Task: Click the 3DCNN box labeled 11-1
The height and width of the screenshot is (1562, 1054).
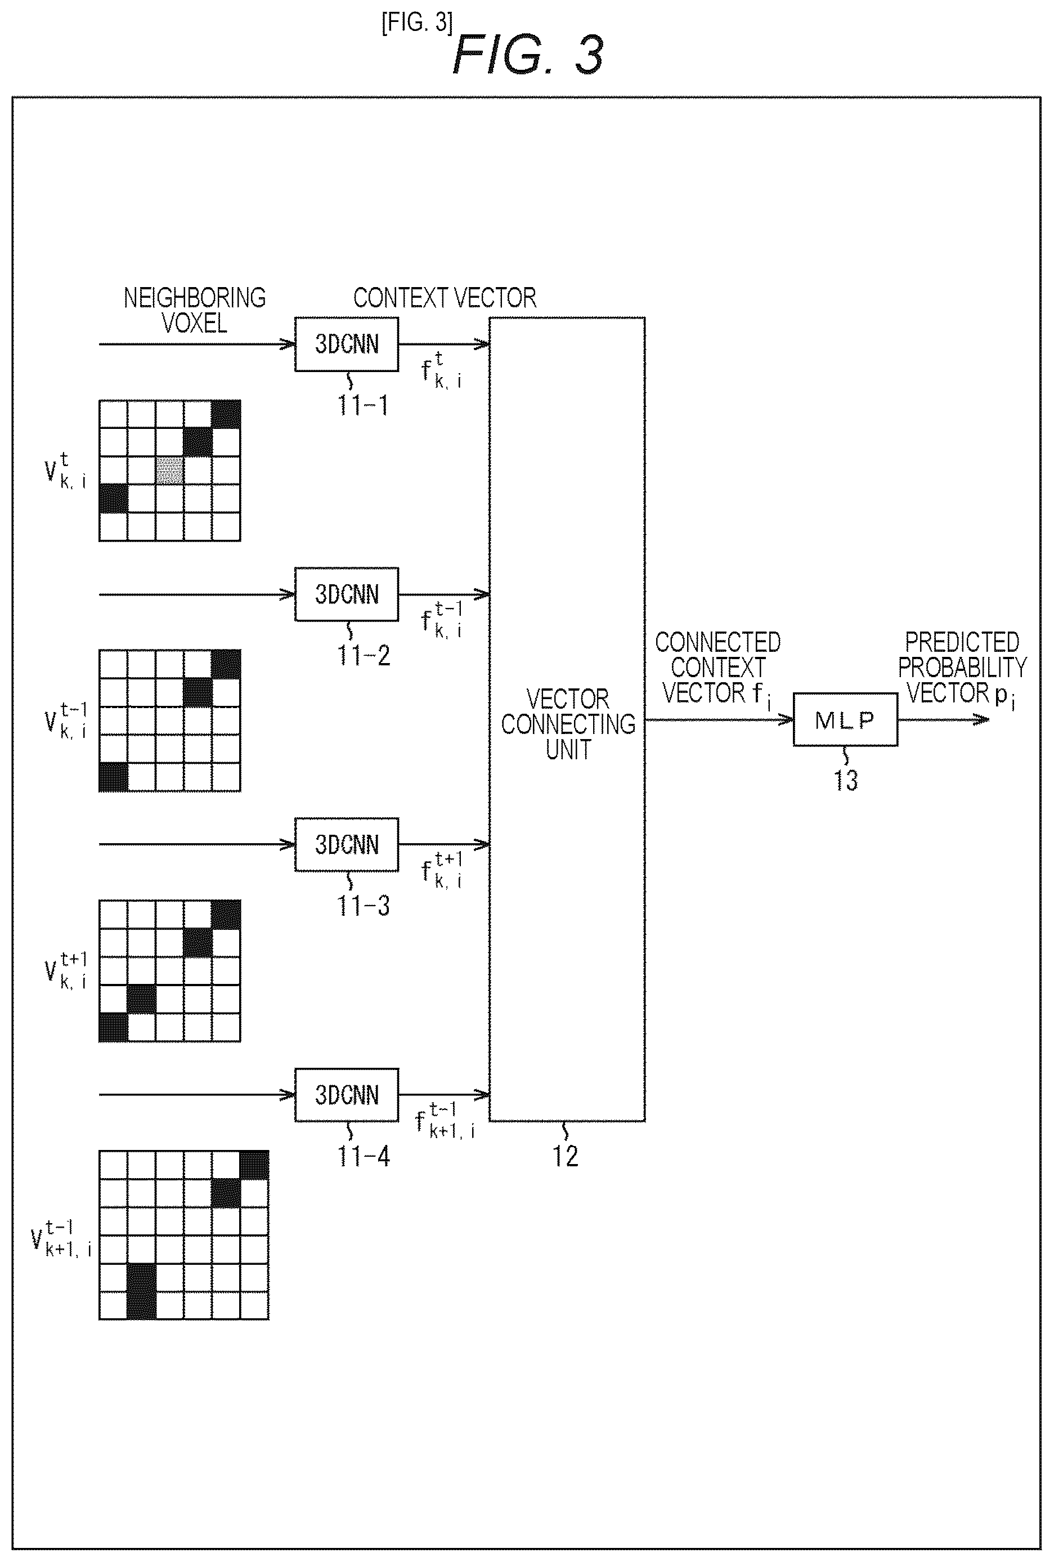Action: point(347,344)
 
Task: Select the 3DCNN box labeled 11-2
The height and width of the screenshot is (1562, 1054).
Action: point(347,594)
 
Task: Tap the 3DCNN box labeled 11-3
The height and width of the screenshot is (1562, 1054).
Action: point(347,845)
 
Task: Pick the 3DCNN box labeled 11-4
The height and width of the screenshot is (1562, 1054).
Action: point(347,1095)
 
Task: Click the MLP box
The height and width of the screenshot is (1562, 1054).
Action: point(845,720)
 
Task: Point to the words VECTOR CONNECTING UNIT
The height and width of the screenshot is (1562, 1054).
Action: point(568,724)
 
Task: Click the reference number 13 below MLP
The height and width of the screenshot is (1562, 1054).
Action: point(846,780)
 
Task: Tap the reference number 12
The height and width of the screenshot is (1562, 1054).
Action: point(565,1156)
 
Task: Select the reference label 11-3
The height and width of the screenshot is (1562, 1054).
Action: point(364,906)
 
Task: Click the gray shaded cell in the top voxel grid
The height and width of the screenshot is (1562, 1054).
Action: point(169,471)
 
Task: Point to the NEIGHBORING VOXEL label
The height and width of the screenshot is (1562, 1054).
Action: point(195,311)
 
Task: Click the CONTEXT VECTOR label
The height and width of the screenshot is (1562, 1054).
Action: point(445,298)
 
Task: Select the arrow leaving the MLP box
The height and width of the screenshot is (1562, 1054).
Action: point(943,720)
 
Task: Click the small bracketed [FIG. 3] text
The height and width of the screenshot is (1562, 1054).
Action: point(417,23)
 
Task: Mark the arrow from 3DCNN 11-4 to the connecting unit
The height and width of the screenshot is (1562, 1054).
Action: point(444,1095)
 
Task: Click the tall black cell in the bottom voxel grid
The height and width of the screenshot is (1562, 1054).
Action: point(141,1291)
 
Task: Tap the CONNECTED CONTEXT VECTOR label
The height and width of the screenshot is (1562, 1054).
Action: point(717,669)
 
